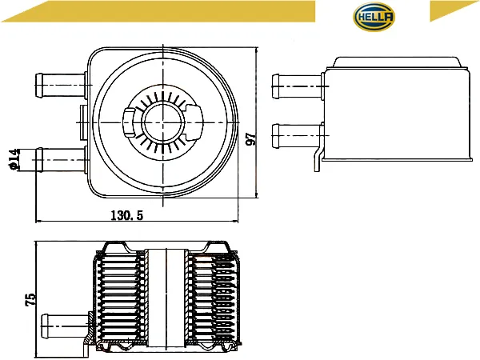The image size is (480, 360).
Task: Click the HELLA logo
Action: coord(374,17)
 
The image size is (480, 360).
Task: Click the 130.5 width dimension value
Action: coord(126,215)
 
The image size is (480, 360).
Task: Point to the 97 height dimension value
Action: coord(251,139)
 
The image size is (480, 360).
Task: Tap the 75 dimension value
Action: coord(30,300)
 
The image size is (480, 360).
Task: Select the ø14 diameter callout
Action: coord(14,159)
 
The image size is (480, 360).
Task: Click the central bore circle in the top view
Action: coord(163,122)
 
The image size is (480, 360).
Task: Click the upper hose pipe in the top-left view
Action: coord(61,86)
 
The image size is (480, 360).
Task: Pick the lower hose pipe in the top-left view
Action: coord(61,160)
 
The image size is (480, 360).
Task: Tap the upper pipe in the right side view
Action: coord(298,86)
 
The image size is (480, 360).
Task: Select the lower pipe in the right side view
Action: coord(298,136)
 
